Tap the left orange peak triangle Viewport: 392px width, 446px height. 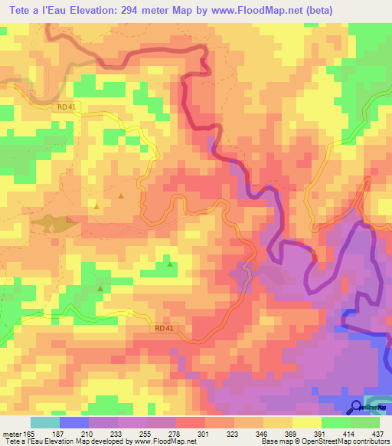[96, 205]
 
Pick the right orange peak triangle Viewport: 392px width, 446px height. [121, 197]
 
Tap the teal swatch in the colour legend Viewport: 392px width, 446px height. [45, 422]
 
